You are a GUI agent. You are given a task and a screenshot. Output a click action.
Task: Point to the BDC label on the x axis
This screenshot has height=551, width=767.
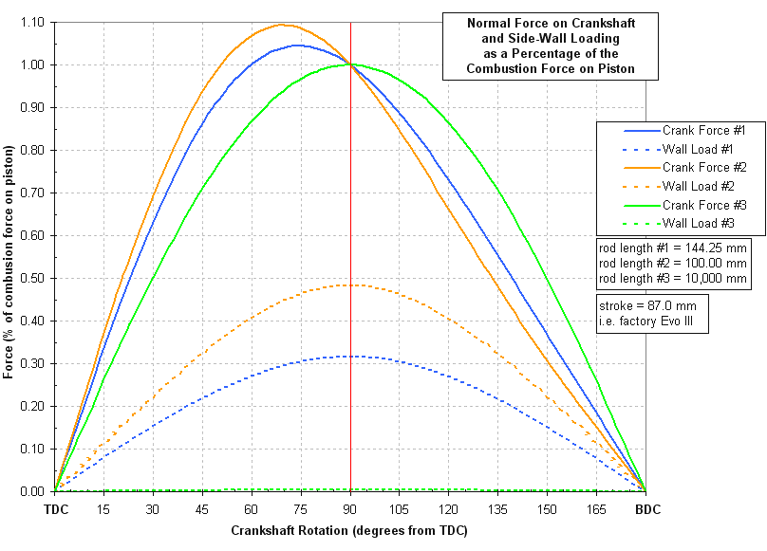click(x=646, y=509)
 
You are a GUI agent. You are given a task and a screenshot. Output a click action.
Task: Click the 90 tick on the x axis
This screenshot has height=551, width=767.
click(x=350, y=509)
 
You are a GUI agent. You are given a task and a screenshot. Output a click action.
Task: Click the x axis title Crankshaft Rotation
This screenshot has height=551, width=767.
click(x=349, y=531)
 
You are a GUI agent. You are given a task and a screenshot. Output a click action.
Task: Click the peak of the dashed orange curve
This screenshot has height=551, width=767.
click(x=350, y=285)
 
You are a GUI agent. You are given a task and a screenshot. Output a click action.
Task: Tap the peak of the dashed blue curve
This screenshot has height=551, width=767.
click(x=350, y=356)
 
